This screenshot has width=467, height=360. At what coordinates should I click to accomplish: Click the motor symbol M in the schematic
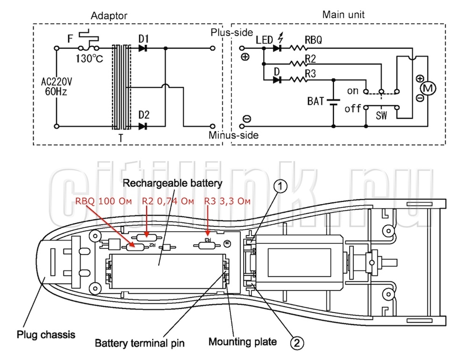[428, 88]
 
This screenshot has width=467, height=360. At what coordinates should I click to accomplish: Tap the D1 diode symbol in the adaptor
[143, 48]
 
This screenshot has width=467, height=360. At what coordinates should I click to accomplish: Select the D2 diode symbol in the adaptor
[143, 126]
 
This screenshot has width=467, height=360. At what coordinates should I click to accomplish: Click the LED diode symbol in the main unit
[278, 48]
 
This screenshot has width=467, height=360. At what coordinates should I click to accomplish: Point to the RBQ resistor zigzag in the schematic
[298, 48]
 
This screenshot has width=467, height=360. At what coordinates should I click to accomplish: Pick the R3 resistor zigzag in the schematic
[298, 80]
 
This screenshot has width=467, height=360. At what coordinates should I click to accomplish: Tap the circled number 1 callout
[280, 187]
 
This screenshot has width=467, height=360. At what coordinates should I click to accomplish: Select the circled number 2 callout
[297, 343]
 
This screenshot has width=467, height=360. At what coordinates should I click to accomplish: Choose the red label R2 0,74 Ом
[168, 201]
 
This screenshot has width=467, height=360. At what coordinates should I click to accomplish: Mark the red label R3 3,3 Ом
[227, 201]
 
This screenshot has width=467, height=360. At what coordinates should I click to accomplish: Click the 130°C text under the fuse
[89, 58]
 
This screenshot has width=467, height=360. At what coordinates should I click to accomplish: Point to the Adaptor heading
[109, 15]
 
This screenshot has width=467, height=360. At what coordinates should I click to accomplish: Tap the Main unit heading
[343, 14]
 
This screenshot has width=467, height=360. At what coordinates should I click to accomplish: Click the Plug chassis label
[46, 335]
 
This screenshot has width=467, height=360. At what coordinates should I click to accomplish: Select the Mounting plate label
[243, 341]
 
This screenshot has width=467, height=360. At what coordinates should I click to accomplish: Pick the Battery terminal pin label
[140, 343]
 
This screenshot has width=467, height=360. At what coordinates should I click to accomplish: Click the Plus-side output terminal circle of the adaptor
[212, 48]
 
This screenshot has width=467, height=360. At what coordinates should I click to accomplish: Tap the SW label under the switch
[382, 115]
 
